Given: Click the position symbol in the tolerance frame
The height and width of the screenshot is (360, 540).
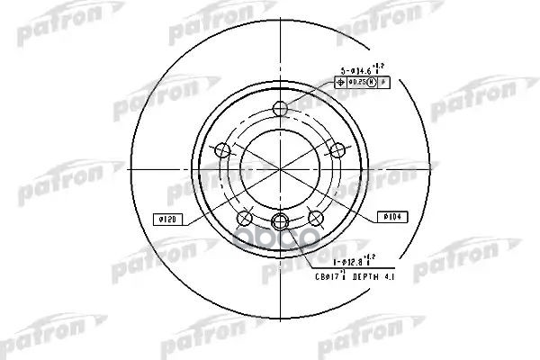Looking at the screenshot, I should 340,82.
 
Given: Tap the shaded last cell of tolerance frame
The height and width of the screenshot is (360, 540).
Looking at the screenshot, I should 383,82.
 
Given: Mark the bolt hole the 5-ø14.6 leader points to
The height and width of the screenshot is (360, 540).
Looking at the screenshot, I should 280,110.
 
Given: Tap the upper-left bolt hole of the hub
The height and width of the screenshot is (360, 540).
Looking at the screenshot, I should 221,149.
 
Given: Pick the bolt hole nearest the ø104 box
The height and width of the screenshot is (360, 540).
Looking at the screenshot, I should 315,217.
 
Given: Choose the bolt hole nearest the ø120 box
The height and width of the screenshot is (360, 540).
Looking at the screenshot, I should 244,217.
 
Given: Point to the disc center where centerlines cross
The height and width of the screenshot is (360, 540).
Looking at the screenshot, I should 280,168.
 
